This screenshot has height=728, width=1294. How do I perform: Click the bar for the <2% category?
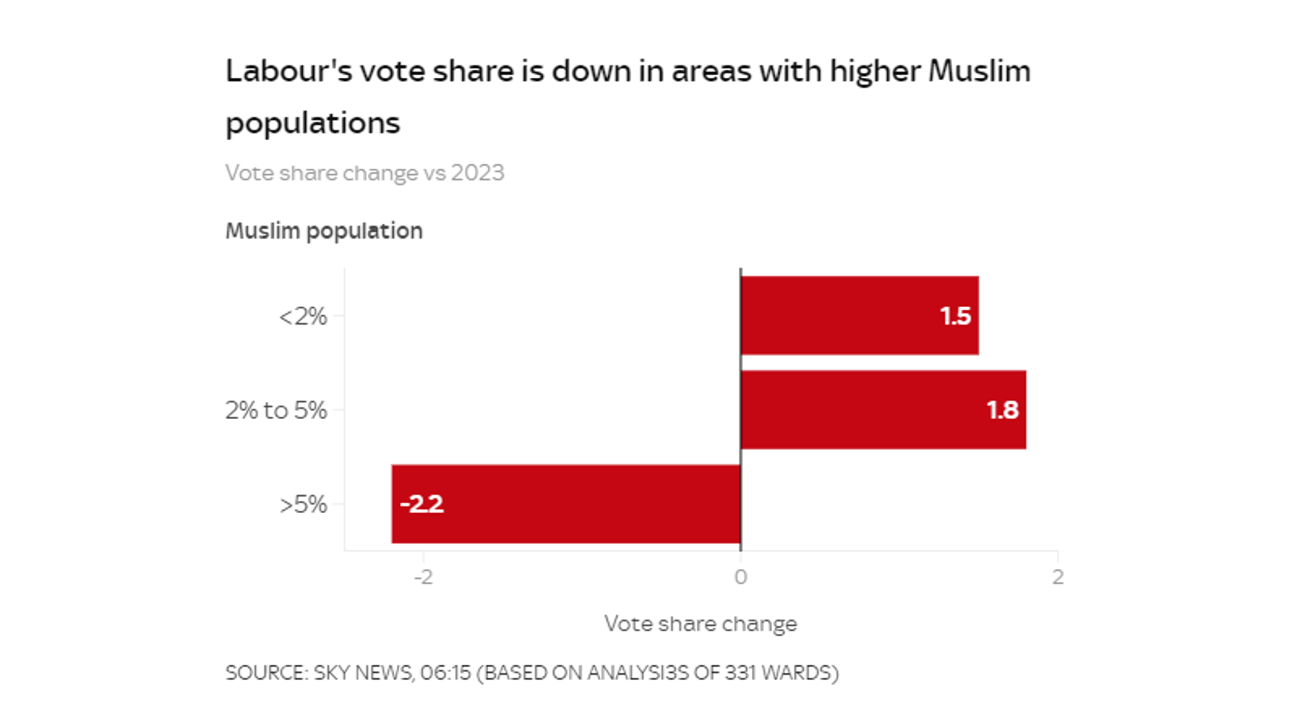pyautogui.click(x=859, y=315)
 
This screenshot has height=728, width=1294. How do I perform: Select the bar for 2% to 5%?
pyautogui.click(x=883, y=409)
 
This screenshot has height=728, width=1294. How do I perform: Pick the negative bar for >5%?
pyautogui.click(x=565, y=504)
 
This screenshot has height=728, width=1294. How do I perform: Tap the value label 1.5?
pyautogui.click(x=955, y=316)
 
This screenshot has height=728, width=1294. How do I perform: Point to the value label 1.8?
pyautogui.click(x=1002, y=410)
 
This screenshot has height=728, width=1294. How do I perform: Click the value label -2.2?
pyautogui.click(x=422, y=504)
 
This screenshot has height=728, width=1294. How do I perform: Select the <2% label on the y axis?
pyautogui.click(x=303, y=316)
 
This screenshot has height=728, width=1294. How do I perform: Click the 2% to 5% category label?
pyautogui.click(x=276, y=410)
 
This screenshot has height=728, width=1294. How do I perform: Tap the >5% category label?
pyautogui.click(x=303, y=504)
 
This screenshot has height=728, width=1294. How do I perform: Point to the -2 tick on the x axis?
pyautogui.click(x=423, y=577)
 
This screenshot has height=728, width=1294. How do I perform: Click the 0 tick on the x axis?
pyautogui.click(x=741, y=577)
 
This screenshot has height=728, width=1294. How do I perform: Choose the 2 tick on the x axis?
pyautogui.click(x=1058, y=577)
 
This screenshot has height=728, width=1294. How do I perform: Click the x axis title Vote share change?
pyautogui.click(x=700, y=624)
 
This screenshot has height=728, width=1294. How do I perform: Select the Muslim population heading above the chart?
pyautogui.click(x=323, y=231)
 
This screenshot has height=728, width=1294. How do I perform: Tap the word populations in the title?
pyautogui.click(x=313, y=123)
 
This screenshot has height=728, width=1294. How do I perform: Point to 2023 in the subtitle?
pyautogui.click(x=478, y=173)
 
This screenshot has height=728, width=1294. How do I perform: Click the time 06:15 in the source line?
pyautogui.click(x=445, y=672)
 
